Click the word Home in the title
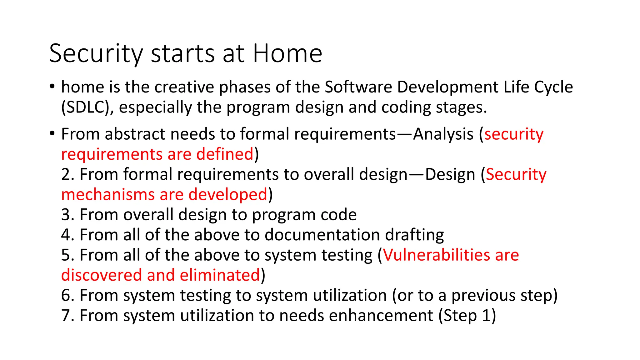point(287,53)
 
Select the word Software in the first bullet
point(358,87)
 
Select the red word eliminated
point(220,275)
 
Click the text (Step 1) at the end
point(467,315)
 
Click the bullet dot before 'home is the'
point(52,86)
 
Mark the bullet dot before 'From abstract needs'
point(52,133)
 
